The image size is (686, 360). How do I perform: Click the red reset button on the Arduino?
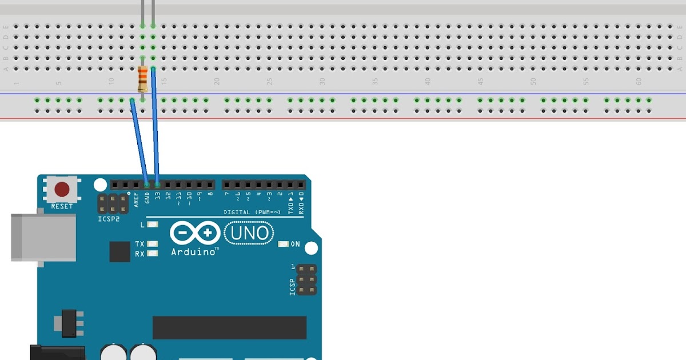click(x=62, y=189)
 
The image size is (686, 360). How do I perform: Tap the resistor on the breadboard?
click(x=142, y=79)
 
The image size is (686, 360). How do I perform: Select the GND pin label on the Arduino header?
click(x=147, y=197)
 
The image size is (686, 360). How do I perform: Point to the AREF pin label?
click(x=136, y=199)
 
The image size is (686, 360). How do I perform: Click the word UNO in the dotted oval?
click(x=249, y=233)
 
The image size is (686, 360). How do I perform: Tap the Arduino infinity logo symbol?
click(x=195, y=233)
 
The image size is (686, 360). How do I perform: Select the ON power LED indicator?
click(x=283, y=244)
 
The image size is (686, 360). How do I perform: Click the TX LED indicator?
click(x=152, y=244)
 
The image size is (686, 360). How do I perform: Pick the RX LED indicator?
click(x=152, y=253)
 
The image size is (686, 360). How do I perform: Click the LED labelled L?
click(x=152, y=225)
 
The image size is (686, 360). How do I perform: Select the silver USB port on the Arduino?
click(x=43, y=238)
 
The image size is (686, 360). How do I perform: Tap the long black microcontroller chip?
click(x=229, y=327)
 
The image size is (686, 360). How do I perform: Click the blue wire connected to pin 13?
click(x=155, y=126)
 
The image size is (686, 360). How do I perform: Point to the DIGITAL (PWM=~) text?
click(x=252, y=212)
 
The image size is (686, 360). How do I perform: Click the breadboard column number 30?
click(x=322, y=82)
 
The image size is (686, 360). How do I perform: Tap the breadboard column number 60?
click(x=639, y=82)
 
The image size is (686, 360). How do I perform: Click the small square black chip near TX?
click(x=120, y=251)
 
